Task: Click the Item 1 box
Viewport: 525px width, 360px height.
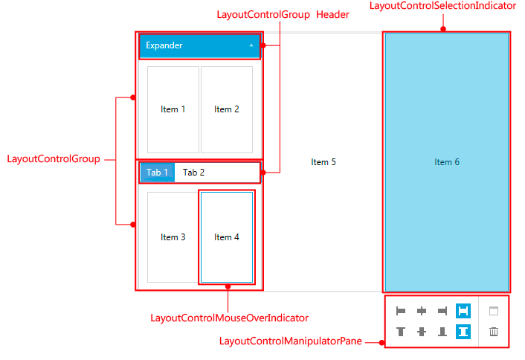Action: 173,109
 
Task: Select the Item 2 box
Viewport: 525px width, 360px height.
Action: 227,109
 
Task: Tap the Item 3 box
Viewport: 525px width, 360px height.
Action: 173,237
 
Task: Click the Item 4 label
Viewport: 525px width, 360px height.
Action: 227,237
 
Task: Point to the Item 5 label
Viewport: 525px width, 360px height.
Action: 323,162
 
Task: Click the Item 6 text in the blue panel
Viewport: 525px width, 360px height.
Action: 447,162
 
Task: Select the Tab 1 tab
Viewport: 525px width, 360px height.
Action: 157,173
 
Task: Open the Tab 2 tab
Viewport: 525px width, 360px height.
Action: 193,173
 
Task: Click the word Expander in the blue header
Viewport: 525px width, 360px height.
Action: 164,45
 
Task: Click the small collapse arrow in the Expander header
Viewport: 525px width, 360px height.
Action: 251,45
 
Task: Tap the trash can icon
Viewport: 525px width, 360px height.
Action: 493,332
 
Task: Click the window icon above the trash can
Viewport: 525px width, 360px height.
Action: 493,311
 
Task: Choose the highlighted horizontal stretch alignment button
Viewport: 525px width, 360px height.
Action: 463,311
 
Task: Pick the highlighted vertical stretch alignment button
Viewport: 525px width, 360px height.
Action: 463,332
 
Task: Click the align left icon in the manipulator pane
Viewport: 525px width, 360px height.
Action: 401,311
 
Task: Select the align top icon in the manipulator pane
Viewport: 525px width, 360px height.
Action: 401,332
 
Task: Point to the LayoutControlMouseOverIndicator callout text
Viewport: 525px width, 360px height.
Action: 229,318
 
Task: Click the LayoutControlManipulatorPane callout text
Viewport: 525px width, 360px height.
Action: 291,341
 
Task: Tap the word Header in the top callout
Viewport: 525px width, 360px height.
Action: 332,14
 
